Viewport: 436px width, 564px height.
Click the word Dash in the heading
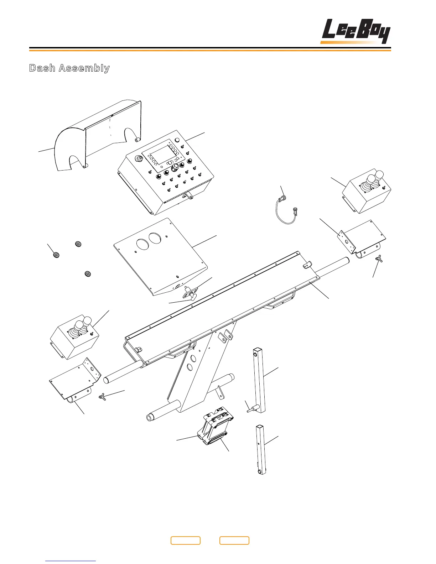tap(42, 68)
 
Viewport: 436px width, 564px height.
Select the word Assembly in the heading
tap(84, 68)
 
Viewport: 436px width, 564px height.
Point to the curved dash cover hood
tap(96, 135)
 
